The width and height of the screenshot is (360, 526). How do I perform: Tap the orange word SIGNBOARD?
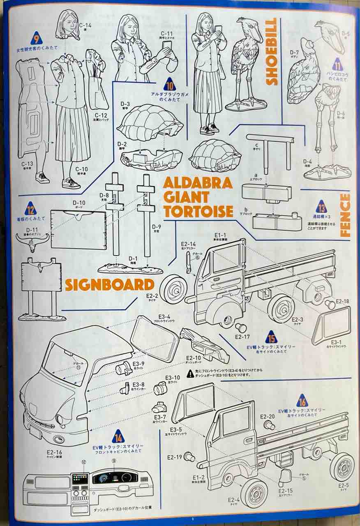[109, 284]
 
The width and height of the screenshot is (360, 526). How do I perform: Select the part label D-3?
[126, 104]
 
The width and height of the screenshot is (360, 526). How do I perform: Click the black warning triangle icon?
[190, 374]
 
